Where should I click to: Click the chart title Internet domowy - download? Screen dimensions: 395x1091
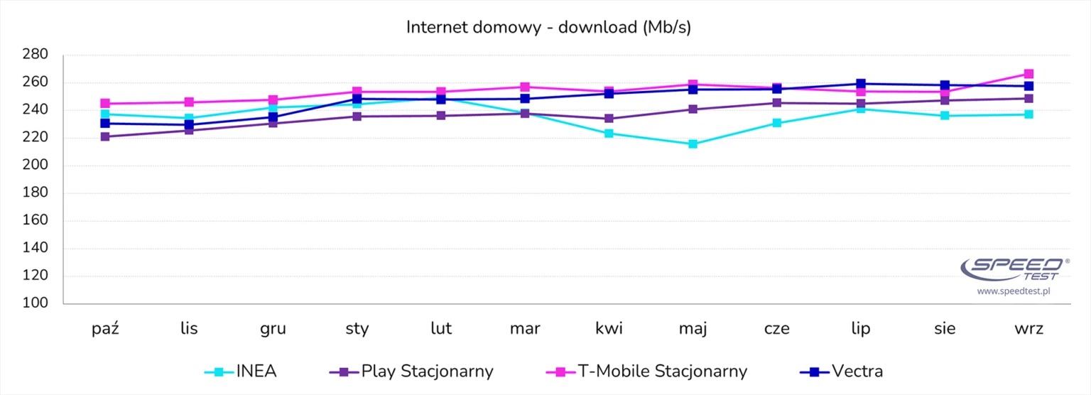(x=548, y=28)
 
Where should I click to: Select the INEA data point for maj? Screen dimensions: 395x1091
(x=693, y=144)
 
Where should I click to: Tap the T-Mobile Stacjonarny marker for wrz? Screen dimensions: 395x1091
(x=1028, y=74)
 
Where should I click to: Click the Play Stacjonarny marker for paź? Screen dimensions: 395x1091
(x=105, y=137)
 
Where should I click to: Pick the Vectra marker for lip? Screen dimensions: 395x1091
(x=861, y=84)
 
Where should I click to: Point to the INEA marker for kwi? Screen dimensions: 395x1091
(x=609, y=134)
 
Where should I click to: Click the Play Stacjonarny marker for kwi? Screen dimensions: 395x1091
(x=609, y=119)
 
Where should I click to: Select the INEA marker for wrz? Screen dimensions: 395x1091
(x=1028, y=114)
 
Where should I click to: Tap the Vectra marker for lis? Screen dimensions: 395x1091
(x=189, y=125)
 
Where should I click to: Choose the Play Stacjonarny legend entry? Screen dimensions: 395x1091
(x=412, y=371)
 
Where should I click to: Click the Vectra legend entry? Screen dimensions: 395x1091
(x=841, y=371)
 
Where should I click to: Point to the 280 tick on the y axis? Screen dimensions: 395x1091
(x=36, y=55)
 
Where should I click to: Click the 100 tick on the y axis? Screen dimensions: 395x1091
(x=36, y=304)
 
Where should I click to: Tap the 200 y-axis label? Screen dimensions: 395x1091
(x=36, y=166)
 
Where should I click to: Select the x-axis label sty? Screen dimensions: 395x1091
(x=357, y=329)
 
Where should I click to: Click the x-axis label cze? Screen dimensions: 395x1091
(x=777, y=329)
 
